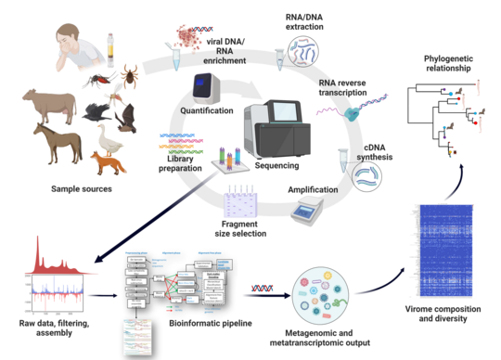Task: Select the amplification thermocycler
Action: click(x=310, y=215)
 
